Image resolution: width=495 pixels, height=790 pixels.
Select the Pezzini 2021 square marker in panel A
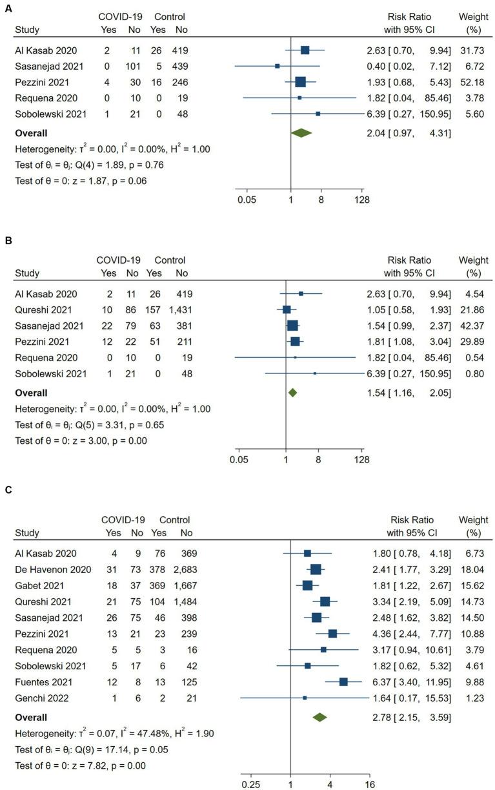pos(300,82)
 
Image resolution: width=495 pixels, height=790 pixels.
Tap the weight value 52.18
pos(470,82)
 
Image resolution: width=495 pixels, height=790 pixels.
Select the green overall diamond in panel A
pos(301,132)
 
